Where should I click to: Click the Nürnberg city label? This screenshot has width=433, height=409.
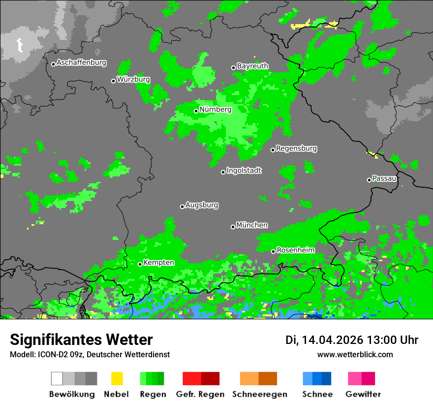coord(216,109)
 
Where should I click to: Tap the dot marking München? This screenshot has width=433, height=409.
coord(233,227)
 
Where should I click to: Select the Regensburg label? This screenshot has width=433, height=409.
coord(296,148)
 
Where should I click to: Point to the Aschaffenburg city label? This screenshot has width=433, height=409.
coord(81,63)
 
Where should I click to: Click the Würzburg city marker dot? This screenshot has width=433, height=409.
coord(114,81)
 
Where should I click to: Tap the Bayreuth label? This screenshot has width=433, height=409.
coord(252,66)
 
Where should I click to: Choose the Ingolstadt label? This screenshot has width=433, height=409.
coord(244,170)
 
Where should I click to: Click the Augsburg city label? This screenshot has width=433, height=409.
coord(202,205)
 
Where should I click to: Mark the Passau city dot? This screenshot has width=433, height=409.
coord(369,180)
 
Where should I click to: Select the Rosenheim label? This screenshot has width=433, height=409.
coord(296,250)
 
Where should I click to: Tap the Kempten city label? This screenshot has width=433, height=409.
coord(159,263)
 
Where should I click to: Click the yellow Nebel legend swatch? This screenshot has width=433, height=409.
coord(117,378)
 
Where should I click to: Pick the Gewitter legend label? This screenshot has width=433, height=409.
coord(363,394)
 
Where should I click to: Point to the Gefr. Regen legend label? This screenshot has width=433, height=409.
coord(200,394)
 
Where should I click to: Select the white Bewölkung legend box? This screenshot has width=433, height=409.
coord(57,378)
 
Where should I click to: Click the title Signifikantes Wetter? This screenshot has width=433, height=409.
coord(81,340)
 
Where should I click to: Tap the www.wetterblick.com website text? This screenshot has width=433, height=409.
coord(355,354)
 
